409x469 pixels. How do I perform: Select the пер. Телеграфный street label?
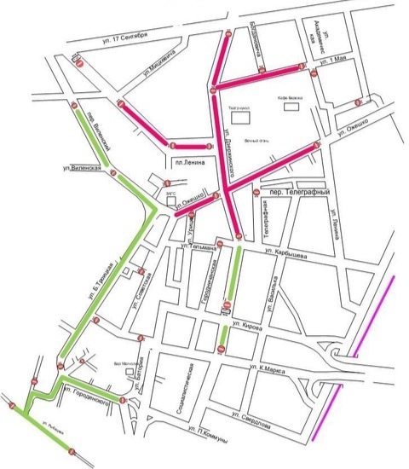[299, 193]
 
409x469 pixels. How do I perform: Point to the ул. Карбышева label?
[286, 253]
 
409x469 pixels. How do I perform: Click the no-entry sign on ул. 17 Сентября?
[78, 63]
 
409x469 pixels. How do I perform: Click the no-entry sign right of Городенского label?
[124, 400]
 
